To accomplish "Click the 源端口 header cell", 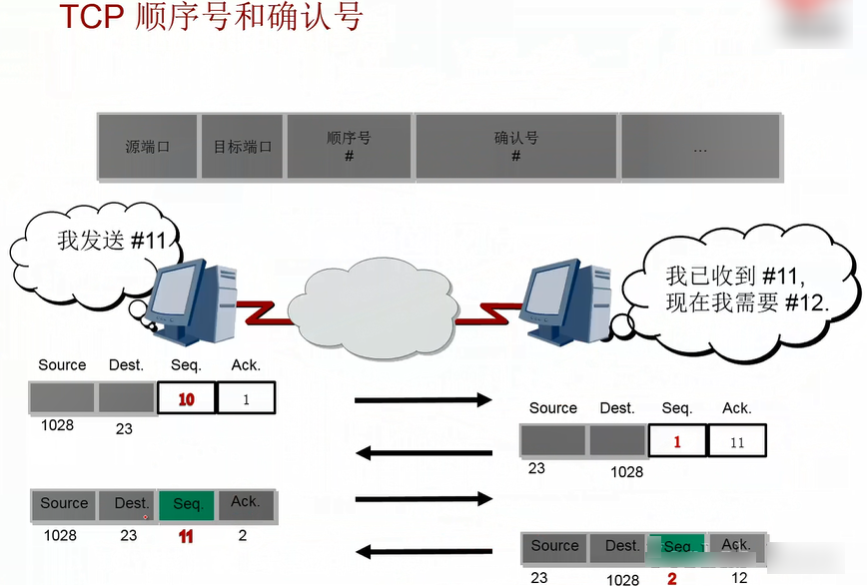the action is (148, 147).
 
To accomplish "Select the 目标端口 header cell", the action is (243, 147).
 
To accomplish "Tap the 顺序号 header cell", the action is (349, 147).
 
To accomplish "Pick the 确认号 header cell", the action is (515, 147).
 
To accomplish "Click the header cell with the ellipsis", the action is (699, 147).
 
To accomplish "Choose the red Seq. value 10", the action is (186, 399).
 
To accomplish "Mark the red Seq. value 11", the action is (186, 536).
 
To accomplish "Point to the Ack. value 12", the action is (739, 577).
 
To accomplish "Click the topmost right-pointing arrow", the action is (423, 400).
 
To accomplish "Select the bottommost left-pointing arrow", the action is (423, 551).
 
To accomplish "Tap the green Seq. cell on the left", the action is (188, 505).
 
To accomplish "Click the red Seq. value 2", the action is (671, 577).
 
